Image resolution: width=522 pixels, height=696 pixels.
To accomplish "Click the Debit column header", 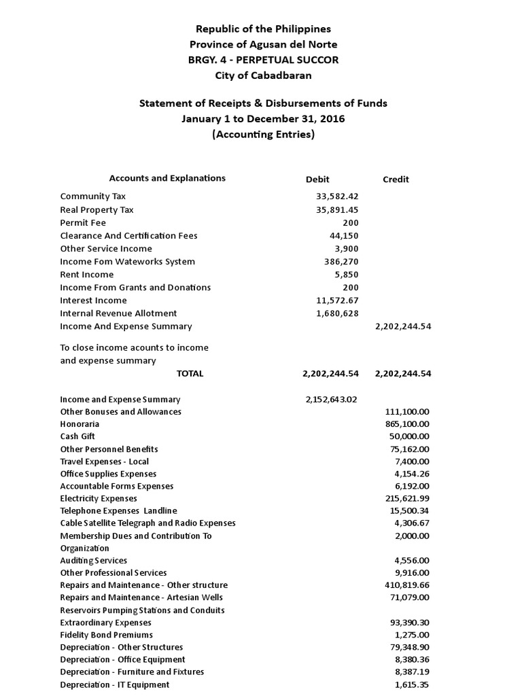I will [317, 179].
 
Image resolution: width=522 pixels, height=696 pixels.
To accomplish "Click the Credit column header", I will [396, 179].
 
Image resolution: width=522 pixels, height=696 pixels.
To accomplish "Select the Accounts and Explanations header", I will [167, 178].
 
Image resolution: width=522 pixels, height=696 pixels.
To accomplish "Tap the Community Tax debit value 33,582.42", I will [337, 196].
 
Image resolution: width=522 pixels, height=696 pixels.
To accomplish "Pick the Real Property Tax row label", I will [97, 209].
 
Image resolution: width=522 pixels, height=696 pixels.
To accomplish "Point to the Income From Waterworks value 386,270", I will [341, 262].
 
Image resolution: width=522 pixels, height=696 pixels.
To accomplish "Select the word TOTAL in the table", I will [190, 374].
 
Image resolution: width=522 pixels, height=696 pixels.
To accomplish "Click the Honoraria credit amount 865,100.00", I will [406, 424].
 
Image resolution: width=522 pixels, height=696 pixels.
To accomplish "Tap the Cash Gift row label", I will [77, 436].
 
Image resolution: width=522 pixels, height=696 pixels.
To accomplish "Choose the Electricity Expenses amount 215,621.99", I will [406, 498].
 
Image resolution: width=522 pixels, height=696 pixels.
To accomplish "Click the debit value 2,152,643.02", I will [332, 400].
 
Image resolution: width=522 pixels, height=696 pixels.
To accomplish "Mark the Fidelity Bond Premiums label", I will [106, 635].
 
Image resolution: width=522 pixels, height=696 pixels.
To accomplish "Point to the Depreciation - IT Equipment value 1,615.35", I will [413, 685].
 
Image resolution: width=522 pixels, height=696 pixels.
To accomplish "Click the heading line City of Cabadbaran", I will [263, 75].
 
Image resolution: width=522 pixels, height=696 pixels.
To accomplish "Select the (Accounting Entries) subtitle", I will [263, 135].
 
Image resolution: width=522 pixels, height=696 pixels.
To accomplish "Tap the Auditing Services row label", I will [93, 561].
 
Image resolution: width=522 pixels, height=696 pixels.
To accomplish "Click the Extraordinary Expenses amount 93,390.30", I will [409, 623].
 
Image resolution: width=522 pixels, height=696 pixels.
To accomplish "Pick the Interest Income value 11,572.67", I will [337, 300].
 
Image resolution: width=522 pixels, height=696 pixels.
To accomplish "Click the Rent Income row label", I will [87, 275].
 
